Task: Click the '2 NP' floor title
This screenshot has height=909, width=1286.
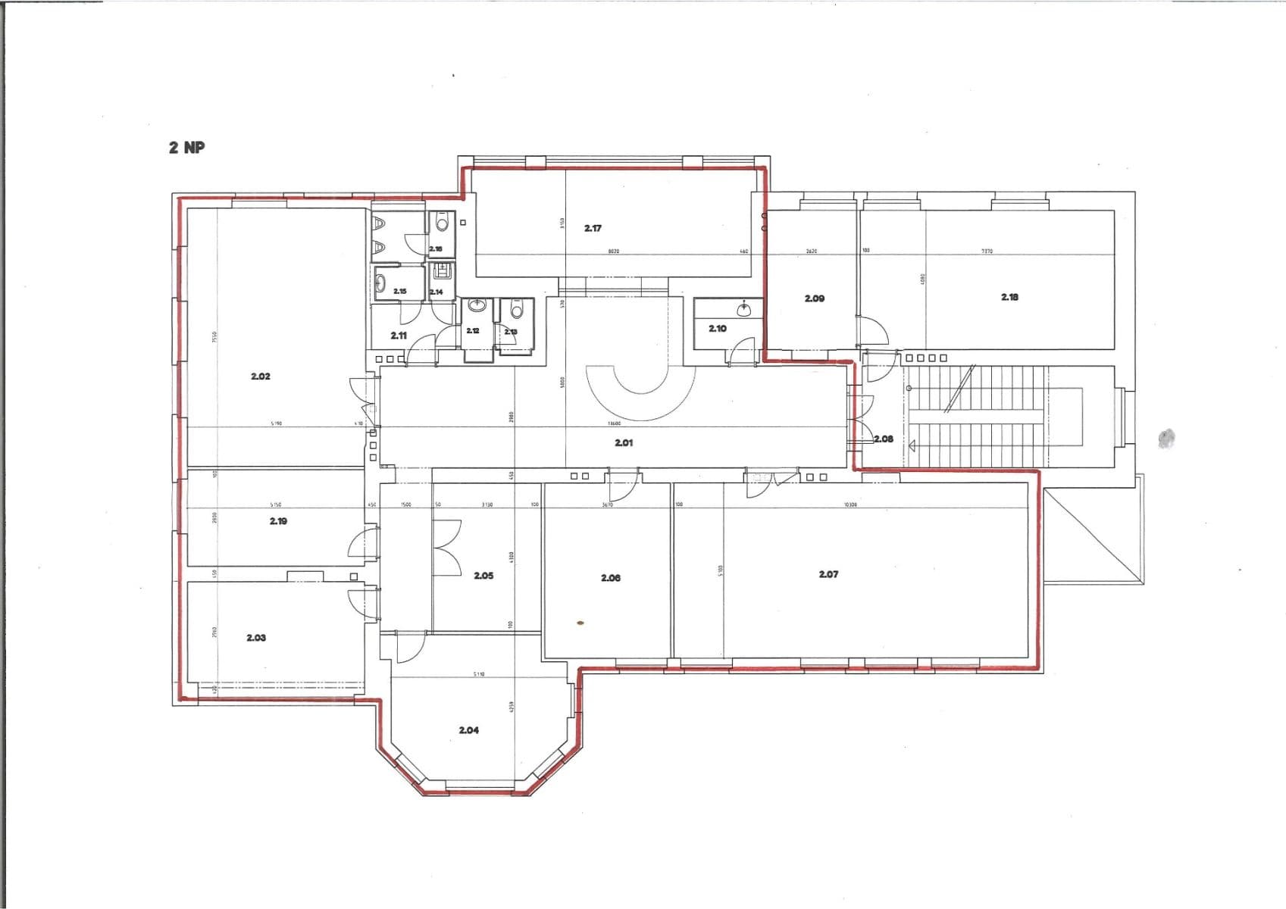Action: click(186, 148)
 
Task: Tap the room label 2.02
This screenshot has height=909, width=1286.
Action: click(260, 376)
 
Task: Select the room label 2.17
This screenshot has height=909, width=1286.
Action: click(593, 228)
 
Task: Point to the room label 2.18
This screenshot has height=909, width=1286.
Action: click(1009, 297)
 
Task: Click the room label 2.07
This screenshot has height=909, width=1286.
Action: click(828, 574)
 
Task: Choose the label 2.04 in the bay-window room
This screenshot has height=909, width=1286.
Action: click(468, 730)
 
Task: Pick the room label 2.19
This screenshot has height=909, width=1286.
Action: click(278, 521)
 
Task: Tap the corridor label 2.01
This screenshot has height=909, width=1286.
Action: click(623, 442)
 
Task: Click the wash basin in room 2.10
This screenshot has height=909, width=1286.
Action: click(744, 309)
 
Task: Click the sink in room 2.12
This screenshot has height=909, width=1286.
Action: click(476, 306)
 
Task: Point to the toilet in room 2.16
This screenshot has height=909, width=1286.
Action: click(442, 224)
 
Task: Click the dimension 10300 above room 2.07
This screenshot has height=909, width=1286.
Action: click(850, 504)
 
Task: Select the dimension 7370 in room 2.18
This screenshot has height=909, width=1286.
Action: click(987, 251)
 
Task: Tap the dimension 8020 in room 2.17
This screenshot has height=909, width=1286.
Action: click(614, 251)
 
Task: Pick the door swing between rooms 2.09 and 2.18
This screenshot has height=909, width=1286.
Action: click(871, 331)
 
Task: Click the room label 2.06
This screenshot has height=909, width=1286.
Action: click(610, 578)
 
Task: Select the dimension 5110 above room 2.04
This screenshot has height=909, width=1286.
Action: click(478, 673)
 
